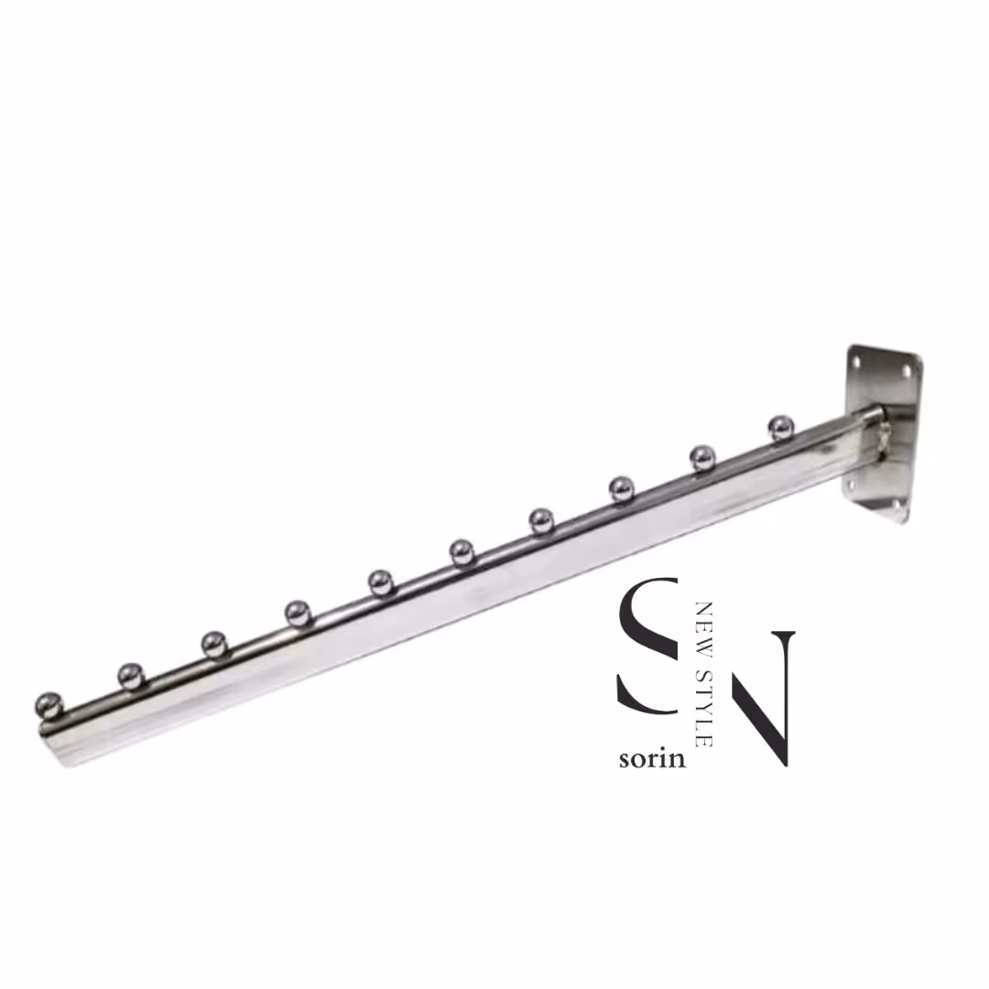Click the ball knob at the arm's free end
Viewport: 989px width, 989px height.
point(49,706)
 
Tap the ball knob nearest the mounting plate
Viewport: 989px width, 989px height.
point(781,429)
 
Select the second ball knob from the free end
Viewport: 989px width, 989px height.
point(131,676)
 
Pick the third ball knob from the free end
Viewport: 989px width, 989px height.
point(214,644)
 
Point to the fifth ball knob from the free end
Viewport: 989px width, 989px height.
point(381,582)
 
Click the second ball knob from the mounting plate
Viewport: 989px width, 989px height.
point(702,458)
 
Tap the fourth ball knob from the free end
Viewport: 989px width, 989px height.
point(298,613)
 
